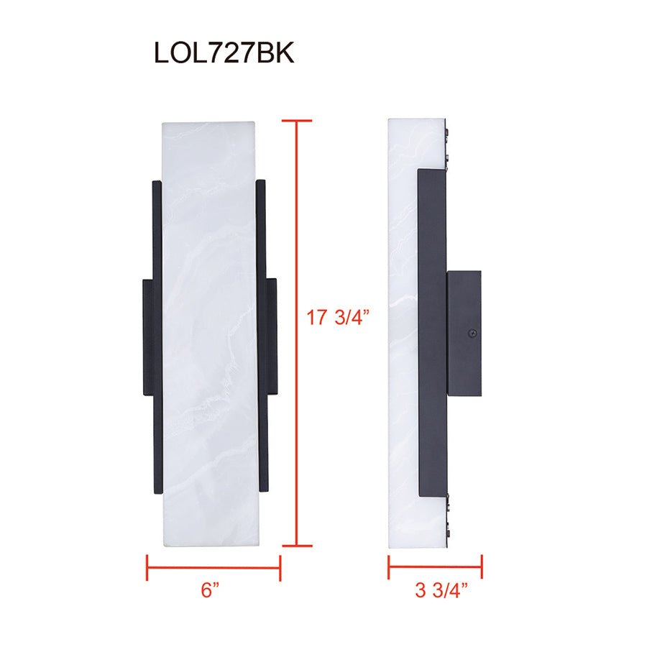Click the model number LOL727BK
pyautogui.click(x=224, y=53)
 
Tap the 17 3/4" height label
pyautogui.click(x=337, y=317)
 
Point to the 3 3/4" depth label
pyautogui.click(x=441, y=592)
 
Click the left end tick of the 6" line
pyautogui.click(x=147, y=567)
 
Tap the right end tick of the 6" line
pyautogui.click(x=280, y=567)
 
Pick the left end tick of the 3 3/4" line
pyautogui.click(x=389, y=567)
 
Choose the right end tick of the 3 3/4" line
pyautogui.click(x=482, y=567)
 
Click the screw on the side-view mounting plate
pyautogui.click(x=472, y=334)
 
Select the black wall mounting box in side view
pyautogui.click(x=464, y=332)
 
